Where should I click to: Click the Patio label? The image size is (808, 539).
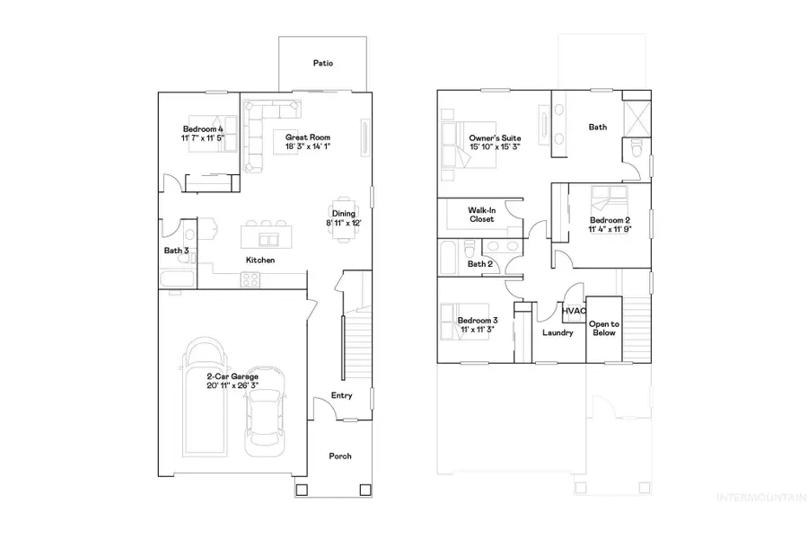click(x=323, y=64)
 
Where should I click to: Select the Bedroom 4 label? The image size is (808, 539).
click(x=203, y=129)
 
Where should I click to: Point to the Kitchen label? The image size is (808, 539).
click(x=260, y=261)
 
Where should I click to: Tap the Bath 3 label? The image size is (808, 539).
click(x=176, y=251)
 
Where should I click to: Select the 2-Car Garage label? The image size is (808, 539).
click(x=232, y=376)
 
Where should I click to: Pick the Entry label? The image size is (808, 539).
click(x=342, y=395)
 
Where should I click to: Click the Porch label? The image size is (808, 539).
click(x=340, y=456)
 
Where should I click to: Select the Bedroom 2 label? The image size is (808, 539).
click(x=610, y=220)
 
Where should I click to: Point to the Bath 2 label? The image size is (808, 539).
click(x=480, y=264)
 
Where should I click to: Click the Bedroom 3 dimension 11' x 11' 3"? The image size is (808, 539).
click(x=477, y=331)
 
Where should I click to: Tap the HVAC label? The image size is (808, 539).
click(x=575, y=312)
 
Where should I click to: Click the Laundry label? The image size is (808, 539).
click(x=558, y=333)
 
